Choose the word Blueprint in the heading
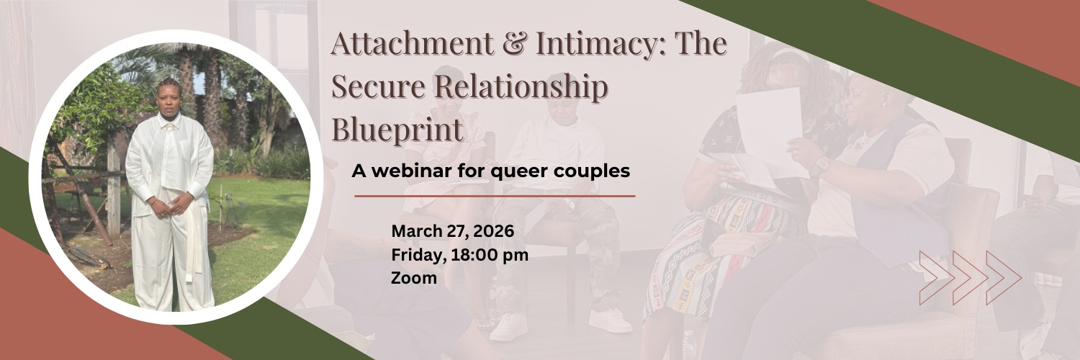[x=397, y=130]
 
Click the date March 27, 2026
[x=452, y=231]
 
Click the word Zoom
[x=413, y=277]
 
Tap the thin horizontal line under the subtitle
[x=495, y=195]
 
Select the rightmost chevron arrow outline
[x=1004, y=277]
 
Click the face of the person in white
[x=170, y=98]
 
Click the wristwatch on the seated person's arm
[x=820, y=166]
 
